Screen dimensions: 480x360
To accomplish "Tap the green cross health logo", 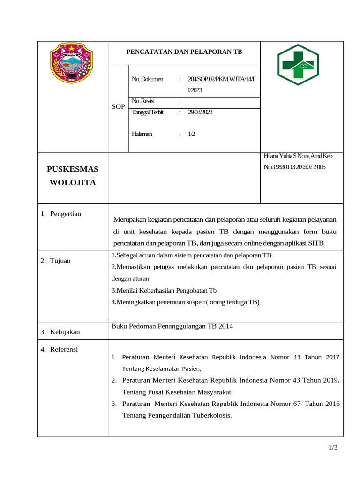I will [298, 65].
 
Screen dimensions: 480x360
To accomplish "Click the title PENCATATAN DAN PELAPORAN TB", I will [184, 52].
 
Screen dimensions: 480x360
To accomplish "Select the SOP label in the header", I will [118, 106].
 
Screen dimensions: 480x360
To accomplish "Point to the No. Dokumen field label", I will [148, 79].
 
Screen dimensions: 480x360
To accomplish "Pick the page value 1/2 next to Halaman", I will [191, 134].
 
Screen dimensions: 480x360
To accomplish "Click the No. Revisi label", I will [143, 101].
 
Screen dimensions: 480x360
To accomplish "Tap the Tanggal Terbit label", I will [148, 112].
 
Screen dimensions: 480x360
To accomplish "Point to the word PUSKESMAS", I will [73, 169].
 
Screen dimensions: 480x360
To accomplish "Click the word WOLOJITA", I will [73, 182].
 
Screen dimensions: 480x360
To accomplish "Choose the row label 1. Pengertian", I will [61, 214].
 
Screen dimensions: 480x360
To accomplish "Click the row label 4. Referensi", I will [59, 349].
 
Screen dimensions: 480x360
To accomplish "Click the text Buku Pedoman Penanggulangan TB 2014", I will [172, 326].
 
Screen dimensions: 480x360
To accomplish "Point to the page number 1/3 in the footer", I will [333, 448].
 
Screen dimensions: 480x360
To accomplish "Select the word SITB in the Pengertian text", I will [316, 243].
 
